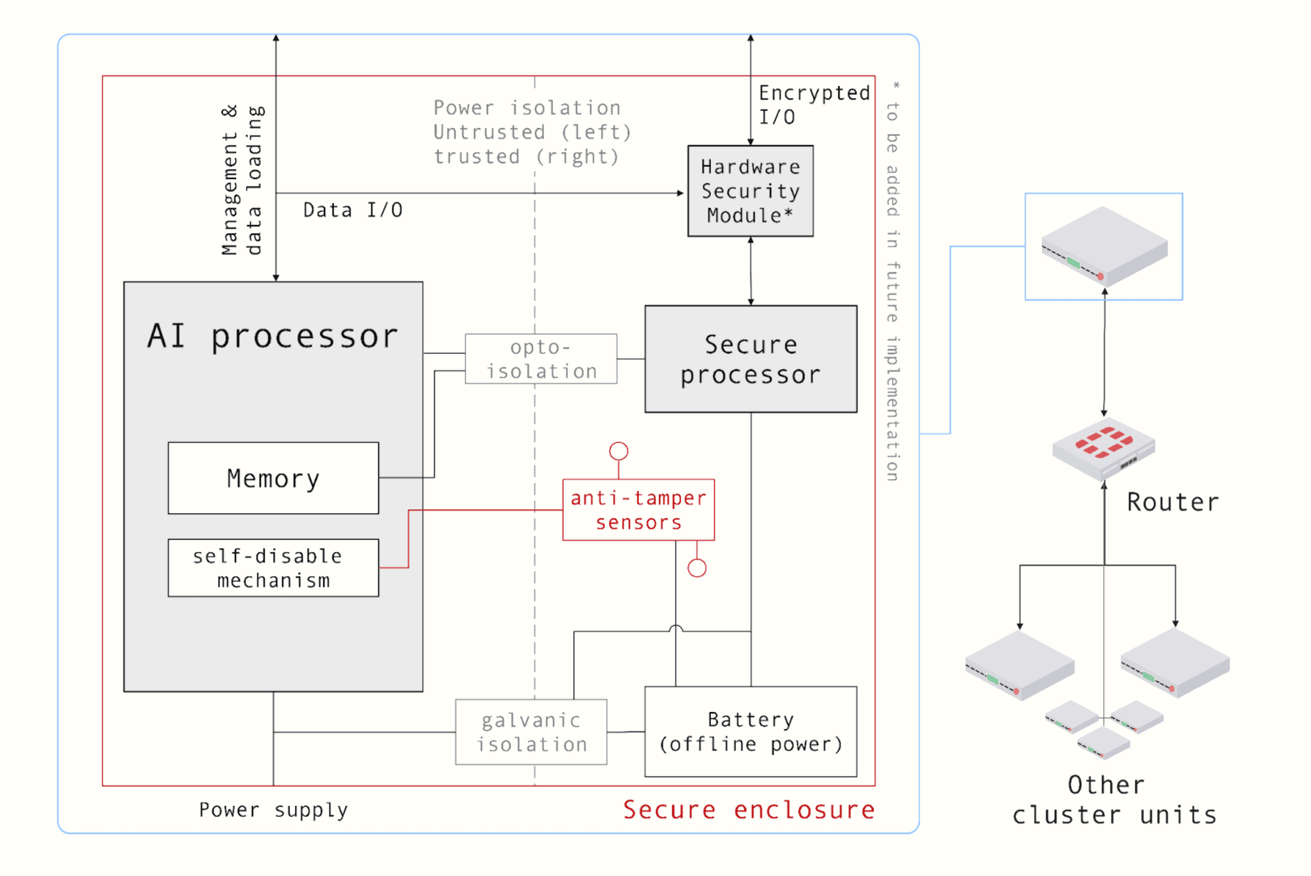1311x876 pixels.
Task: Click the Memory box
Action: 273,478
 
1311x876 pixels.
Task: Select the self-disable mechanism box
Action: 273,568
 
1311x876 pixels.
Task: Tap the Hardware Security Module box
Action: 750,191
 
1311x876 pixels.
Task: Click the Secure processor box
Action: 751,359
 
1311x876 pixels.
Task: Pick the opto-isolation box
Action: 540,359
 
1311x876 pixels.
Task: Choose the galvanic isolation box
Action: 531,732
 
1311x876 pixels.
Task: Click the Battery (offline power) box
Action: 751,732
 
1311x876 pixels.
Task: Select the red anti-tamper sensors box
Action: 638,510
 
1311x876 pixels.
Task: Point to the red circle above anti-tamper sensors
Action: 619,451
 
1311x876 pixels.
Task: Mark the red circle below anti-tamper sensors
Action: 697,568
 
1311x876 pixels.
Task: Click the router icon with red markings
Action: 1104,448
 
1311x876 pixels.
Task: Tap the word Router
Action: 1173,502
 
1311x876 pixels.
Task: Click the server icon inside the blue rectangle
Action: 1104,246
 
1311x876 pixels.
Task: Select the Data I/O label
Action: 353,210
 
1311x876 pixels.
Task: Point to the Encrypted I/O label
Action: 813,105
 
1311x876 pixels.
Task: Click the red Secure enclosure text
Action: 748,810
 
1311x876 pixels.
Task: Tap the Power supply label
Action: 273,810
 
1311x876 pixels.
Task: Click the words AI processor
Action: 272,336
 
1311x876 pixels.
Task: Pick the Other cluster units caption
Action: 1113,800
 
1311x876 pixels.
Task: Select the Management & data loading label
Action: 241,181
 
